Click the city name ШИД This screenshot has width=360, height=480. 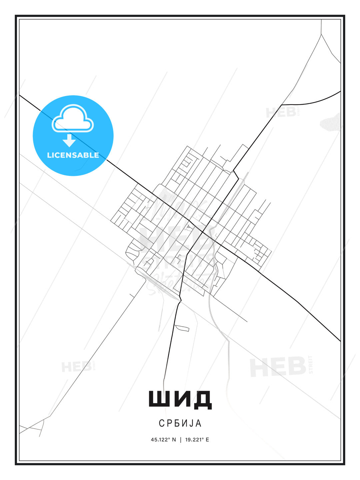coord(180,399)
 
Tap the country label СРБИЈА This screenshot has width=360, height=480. coord(180,423)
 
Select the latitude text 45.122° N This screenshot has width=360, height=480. coord(163,440)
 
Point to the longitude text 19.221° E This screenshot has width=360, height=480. coord(197,440)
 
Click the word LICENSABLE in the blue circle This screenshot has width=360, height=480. coord(73,155)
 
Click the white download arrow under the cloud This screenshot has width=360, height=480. coord(69,141)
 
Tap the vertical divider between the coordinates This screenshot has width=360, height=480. coord(181,440)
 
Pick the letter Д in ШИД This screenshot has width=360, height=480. coord(201,399)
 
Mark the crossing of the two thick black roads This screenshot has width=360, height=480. coord(203,231)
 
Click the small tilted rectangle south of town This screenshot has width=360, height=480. coord(182,328)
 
